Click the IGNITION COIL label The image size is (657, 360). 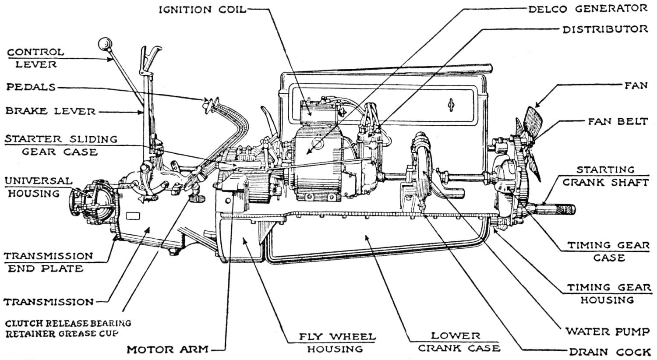point(202,10)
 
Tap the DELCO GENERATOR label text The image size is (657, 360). point(587,9)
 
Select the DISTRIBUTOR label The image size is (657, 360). point(605,29)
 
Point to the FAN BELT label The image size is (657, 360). point(618,121)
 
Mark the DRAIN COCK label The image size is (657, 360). point(609,352)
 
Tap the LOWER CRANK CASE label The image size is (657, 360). point(459,342)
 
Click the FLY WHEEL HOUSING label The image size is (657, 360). point(337,343)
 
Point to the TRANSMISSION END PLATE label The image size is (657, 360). point(48,262)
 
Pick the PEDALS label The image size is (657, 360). point(31,87)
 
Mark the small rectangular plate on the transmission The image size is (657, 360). point(132,215)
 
